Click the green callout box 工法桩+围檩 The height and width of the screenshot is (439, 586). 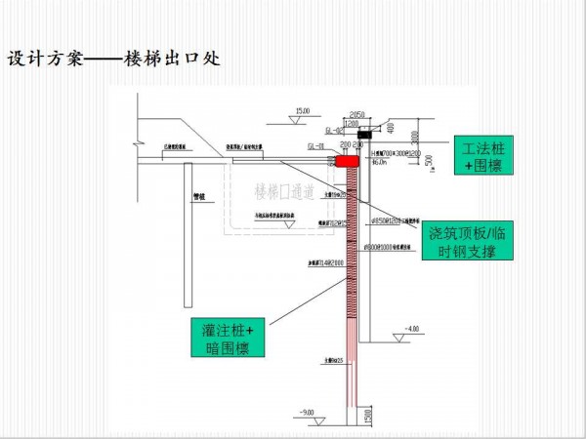tap(482, 157)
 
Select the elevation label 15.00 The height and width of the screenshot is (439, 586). tap(303, 111)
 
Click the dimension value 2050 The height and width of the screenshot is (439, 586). tap(356, 114)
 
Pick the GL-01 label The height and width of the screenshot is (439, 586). tap(315, 145)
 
